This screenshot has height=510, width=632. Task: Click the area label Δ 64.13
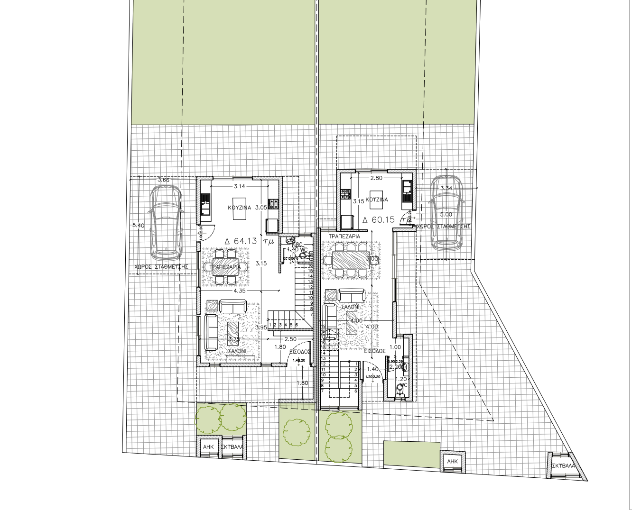pos(241,241)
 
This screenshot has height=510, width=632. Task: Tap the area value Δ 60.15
pos(379,220)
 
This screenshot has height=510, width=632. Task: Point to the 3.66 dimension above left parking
pos(163,180)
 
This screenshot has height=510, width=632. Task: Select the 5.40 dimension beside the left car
pos(138,226)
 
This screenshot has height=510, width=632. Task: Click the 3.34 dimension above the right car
pos(446,189)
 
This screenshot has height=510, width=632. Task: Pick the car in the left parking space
pos(166,222)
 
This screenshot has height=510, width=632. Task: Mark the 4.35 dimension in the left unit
pos(240,291)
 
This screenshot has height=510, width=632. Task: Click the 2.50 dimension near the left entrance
pos(290,339)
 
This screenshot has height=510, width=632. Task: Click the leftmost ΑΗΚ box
pos(208,447)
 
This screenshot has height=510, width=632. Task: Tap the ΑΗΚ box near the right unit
pos(453,461)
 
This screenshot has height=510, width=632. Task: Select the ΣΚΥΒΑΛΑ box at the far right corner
pos(563,465)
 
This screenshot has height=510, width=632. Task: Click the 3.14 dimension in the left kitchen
pos(239,187)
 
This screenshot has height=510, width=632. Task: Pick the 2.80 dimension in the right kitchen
pos(376,178)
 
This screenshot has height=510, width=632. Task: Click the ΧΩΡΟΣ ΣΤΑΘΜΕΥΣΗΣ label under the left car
pos(161,267)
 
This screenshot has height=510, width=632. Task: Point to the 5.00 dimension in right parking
pos(446,215)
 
